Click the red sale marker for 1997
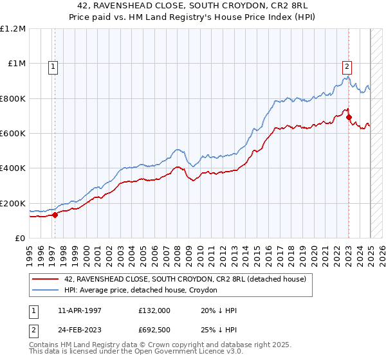(55, 215)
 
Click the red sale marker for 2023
(349, 118)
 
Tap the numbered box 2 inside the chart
(347, 65)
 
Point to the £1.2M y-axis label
(13, 29)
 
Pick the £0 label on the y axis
(21, 238)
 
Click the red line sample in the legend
(46, 279)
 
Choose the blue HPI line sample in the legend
(46, 290)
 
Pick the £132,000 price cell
(154, 310)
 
